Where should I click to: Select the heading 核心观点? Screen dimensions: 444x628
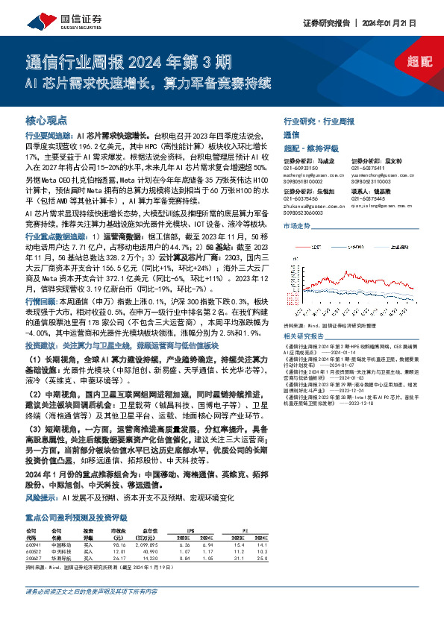45,119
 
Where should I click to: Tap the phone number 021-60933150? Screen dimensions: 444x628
301,167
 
